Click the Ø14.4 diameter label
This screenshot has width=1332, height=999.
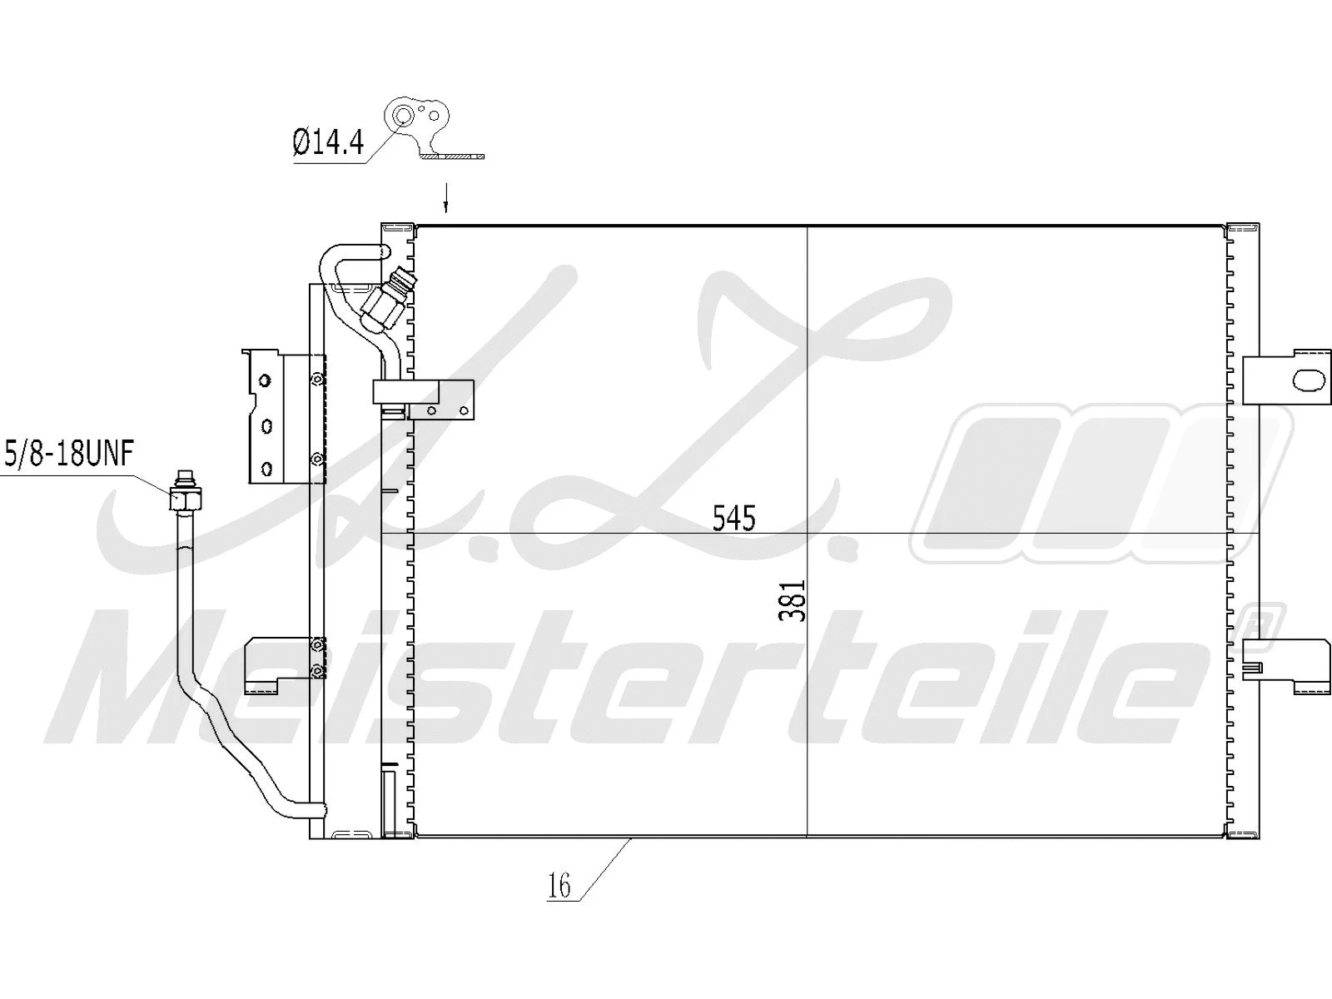pyautogui.click(x=329, y=143)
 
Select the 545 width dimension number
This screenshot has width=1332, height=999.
pyautogui.click(x=733, y=519)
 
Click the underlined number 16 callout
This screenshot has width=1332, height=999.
pyautogui.click(x=560, y=886)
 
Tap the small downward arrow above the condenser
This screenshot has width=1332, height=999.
pyautogui.click(x=446, y=198)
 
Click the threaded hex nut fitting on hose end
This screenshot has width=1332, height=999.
pyautogui.click(x=182, y=498)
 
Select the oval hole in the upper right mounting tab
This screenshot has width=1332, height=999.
pyautogui.click(x=1308, y=380)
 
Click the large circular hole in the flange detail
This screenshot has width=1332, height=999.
pyautogui.click(x=404, y=116)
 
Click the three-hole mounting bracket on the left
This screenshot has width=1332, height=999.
pyautogui.click(x=266, y=416)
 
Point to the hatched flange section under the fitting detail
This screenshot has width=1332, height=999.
pyautogui.click(x=452, y=156)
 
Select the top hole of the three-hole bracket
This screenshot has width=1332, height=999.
pyautogui.click(x=265, y=380)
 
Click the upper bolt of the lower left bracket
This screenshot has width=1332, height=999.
pyautogui.click(x=317, y=644)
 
